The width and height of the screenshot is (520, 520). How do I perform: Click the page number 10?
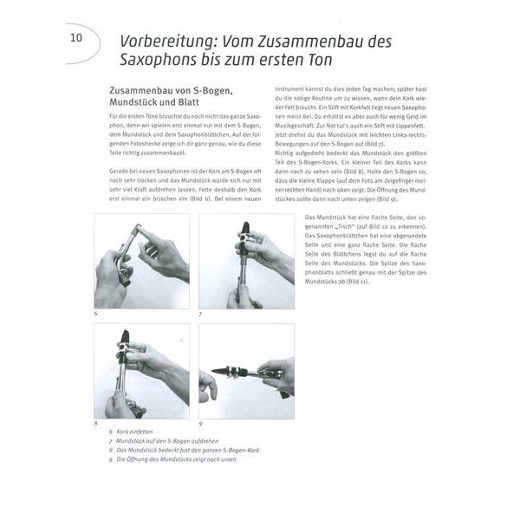(76, 38)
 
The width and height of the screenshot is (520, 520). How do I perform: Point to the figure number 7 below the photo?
(201, 314)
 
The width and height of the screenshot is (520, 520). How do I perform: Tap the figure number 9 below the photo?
(201, 424)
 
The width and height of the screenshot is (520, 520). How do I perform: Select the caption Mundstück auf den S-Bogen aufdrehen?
(170, 441)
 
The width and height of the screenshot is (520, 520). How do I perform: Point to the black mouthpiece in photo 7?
(245, 231)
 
